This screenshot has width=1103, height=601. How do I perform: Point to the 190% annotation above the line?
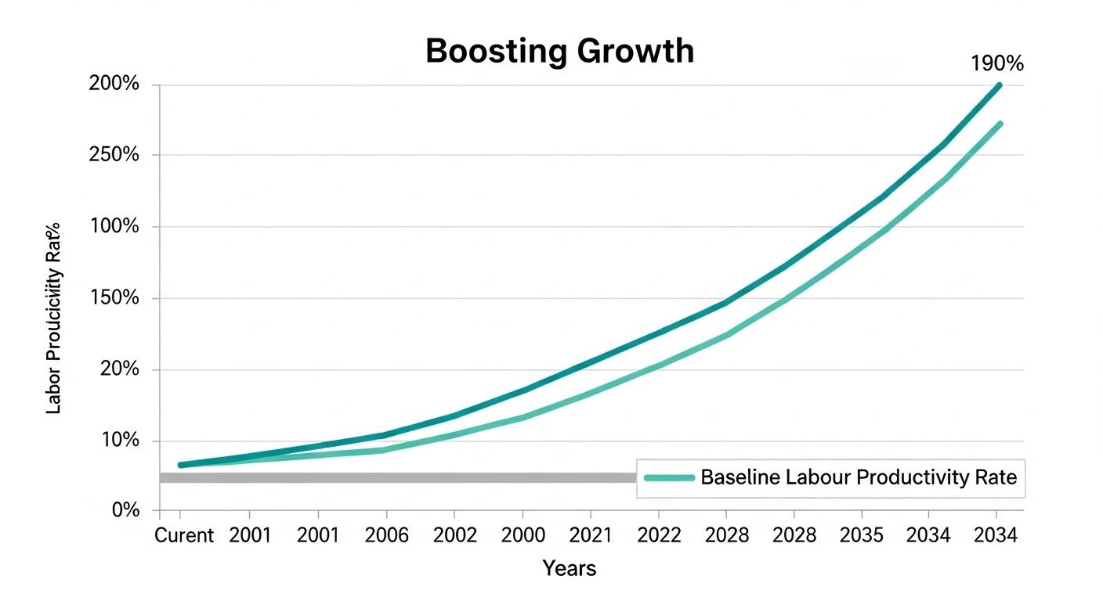coord(996,65)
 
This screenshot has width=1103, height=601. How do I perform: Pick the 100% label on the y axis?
coord(116,227)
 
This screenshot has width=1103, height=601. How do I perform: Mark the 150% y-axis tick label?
coord(116,298)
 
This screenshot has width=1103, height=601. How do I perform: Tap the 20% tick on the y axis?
coord(120,369)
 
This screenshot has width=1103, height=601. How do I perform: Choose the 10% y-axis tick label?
coord(120,441)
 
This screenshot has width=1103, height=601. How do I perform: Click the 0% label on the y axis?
coord(125,510)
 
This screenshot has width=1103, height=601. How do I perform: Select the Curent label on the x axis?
coord(184,536)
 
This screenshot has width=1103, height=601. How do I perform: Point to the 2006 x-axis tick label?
coord(386,536)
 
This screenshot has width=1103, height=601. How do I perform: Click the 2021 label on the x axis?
coord(590,536)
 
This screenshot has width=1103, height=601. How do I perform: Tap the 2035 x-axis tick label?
coord(862,536)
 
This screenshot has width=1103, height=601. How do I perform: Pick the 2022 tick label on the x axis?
coord(658,536)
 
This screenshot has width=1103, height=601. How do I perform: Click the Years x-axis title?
coord(570,569)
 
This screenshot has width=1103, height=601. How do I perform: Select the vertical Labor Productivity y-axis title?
coord(54,318)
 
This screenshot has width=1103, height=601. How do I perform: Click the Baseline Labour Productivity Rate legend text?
coord(859,477)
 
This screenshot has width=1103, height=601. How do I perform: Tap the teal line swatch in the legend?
coord(668,477)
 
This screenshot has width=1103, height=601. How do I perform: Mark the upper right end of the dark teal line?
coord(998,85)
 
